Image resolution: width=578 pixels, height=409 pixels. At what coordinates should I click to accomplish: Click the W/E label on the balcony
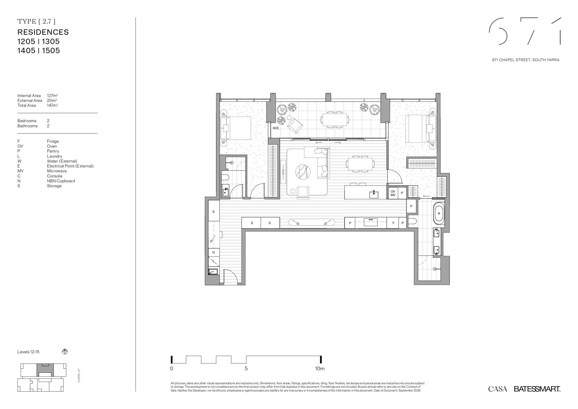tap(276, 128)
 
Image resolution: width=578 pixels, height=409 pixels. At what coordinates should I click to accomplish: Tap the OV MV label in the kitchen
tap(393, 193)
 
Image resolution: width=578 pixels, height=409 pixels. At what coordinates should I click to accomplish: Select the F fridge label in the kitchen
tap(393, 223)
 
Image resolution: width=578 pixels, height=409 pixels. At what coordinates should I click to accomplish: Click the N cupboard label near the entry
tap(214, 252)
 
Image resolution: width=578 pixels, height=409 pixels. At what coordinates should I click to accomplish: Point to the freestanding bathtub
tap(439, 213)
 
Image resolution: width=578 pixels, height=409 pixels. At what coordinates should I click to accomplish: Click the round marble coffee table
tap(304, 172)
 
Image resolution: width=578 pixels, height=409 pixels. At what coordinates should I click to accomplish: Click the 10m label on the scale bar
tap(320, 369)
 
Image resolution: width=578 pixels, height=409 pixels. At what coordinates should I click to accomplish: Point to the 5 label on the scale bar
tap(246, 369)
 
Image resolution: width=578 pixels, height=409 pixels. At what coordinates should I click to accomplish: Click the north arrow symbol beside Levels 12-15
tap(65, 351)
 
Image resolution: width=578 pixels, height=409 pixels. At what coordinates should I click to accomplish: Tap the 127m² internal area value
tap(52, 96)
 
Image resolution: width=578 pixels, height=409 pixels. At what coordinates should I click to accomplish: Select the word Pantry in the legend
tap(53, 151)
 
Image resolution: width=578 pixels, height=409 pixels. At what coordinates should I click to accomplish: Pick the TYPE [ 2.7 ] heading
tap(36, 21)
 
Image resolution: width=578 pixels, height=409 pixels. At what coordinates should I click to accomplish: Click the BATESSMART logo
tap(537, 389)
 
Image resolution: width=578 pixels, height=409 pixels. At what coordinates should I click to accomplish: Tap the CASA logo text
tap(498, 389)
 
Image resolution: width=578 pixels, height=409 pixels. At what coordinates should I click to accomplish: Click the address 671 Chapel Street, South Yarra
tap(526, 60)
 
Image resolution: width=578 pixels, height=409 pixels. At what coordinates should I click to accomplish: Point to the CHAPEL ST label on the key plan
tap(79, 375)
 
